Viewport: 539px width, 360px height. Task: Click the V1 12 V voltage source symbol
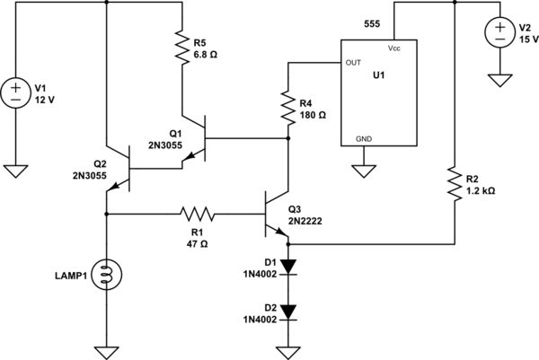pos(14,92)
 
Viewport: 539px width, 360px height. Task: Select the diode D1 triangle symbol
pos(287,266)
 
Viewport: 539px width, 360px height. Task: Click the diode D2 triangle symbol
pos(287,311)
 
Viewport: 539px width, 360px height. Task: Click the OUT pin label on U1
pos(352,62)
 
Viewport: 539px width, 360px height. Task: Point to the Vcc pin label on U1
pos(395,48)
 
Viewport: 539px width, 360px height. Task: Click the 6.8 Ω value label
pos(207,54)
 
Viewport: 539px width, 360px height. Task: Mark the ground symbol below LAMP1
pos(107,351)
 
